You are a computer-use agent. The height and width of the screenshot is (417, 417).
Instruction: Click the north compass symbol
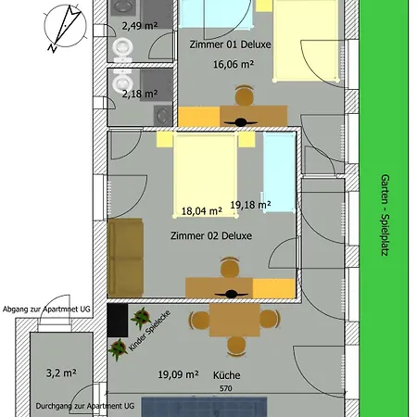click(x=65, y=27)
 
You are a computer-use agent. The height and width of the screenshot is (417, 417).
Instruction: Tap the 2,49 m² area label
click(x=140, y=26)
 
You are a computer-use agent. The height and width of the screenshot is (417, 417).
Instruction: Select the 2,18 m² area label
click(x=140, y=94)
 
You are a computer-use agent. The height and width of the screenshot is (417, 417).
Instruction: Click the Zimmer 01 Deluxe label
click(x=230, y=44)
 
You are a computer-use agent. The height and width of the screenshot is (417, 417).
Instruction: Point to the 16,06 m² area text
click(x=234, y=65)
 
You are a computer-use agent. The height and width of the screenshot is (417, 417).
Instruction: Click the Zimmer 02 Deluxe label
click(x=211, y=236)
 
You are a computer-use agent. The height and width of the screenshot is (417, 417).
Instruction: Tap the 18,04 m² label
click(x=202, y=211)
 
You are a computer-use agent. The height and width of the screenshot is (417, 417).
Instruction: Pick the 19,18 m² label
click(x=250, y=205)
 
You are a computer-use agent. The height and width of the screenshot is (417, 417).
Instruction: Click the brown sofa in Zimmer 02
click(x=125, y=258)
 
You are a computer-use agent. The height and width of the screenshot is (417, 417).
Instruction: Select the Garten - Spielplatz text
click(x=385, y=215)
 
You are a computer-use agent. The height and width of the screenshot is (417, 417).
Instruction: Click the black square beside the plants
click(x=118, y=320)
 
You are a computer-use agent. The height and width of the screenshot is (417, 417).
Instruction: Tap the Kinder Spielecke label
click(x=149, y=331)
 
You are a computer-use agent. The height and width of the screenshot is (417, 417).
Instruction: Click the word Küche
click(x=227, y=375)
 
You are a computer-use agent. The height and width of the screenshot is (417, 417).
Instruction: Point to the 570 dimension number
click(x=226, y=388)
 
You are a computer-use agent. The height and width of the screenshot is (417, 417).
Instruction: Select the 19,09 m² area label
click(x=178, y=374)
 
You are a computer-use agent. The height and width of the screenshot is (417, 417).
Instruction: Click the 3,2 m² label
click(x=61, y=373)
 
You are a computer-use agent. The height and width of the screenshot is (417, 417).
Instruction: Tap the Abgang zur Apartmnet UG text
click(x=46, y=310)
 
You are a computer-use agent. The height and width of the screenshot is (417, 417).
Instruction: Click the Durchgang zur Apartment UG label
click(x=85, y=406)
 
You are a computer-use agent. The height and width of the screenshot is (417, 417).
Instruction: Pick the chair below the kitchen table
click(x=236, y=346)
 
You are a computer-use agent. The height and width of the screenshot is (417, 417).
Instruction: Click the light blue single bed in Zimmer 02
click(x=279, y=172)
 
